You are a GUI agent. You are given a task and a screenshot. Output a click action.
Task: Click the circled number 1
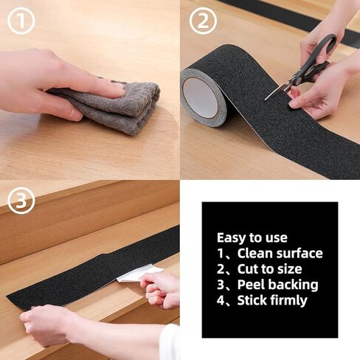point(21,21)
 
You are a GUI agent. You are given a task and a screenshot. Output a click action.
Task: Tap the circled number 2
point(203,21)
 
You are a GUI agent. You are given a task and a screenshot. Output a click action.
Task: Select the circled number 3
point(21,200)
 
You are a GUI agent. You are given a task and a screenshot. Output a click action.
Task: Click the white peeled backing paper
point(138,274)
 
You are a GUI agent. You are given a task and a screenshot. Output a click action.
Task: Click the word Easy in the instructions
point(232,238)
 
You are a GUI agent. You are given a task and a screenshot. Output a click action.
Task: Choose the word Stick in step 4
point(252,300)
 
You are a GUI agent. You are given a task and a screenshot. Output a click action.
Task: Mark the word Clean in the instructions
point(255,254)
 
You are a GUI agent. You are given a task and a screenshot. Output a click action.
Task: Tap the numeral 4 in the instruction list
point(221,300)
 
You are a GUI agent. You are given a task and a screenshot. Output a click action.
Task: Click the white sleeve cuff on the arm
point(170,342)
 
